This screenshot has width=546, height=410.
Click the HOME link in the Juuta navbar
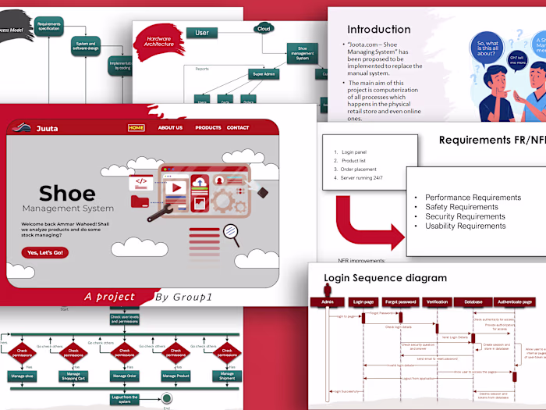pos(136,127)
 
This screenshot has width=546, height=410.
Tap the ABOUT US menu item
pos(170,127)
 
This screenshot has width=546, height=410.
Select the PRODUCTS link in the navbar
pos(208,127)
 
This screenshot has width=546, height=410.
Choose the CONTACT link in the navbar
pos(238,127)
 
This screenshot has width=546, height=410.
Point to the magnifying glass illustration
pos(231,232)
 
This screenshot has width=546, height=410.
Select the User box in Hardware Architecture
pos(201,33)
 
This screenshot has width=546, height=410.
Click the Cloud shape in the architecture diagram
pos(264,29)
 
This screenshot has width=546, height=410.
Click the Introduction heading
pos(379,30)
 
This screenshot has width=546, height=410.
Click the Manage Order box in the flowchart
pos(125,376)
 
